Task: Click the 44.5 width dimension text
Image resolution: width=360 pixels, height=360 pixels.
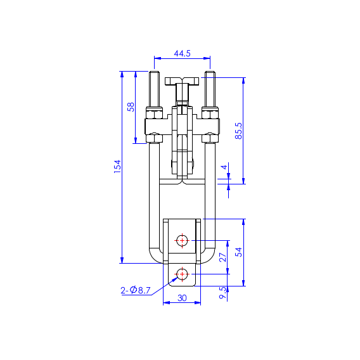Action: coord(181,54)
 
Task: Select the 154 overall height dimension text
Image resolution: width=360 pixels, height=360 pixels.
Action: coord(117,167)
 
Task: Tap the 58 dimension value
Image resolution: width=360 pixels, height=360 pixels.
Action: coord(131,106)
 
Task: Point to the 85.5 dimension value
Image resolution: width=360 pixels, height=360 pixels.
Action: coord(239,131)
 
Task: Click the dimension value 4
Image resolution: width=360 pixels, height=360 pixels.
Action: coord(223,167)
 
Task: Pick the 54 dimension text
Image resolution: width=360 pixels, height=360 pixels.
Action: coord(239,252)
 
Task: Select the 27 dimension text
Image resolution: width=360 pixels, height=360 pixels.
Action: coord(222,257)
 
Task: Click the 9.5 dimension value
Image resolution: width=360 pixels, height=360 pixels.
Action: coord(222,293)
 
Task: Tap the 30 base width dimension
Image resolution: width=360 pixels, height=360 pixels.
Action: coord(182,298)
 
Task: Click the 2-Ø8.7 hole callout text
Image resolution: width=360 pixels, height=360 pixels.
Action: coord(136,290)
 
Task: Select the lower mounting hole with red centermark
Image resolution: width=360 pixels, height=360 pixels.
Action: coord(182,274)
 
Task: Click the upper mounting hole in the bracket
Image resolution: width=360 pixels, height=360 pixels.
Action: coord(182,240)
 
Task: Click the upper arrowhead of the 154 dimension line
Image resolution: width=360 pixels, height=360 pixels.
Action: coord(121,74)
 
